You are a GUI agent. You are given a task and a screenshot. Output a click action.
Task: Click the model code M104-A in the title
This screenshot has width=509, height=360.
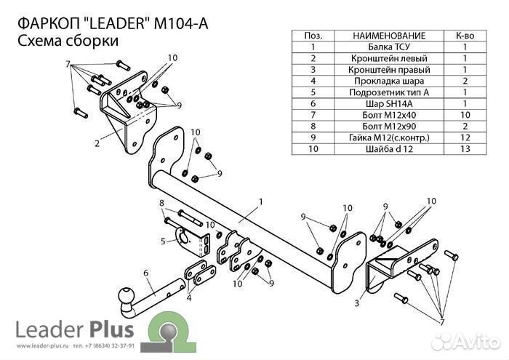point(181,23)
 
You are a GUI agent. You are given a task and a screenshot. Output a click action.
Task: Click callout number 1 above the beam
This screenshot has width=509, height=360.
point(260,201)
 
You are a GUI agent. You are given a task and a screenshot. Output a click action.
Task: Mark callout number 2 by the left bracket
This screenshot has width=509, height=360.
point(97,143)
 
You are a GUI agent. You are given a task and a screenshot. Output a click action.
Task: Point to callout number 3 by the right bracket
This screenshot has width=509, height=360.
point(358,303)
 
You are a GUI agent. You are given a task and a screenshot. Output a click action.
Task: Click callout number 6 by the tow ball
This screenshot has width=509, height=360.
point(146,273)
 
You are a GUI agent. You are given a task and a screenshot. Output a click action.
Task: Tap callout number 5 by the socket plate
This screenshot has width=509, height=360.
point(164,241)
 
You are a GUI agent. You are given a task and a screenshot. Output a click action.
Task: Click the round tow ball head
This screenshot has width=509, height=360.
point(126,297)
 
